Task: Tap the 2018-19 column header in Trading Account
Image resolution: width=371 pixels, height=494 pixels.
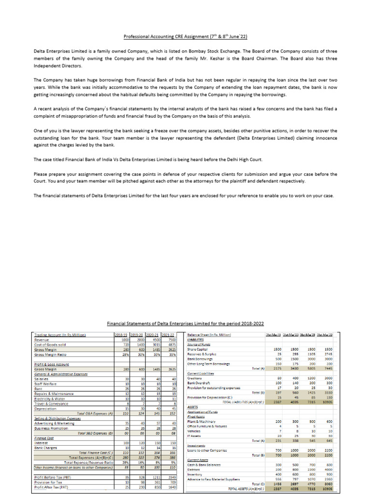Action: click(121, 334)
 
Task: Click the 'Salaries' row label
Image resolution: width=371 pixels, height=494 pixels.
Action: click(42, 379)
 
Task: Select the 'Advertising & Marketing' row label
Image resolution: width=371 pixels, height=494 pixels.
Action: click(55, 423)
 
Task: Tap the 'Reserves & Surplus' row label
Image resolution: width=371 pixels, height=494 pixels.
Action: click(203, 354)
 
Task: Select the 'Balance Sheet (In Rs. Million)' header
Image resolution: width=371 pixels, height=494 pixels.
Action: click(209, 334)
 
